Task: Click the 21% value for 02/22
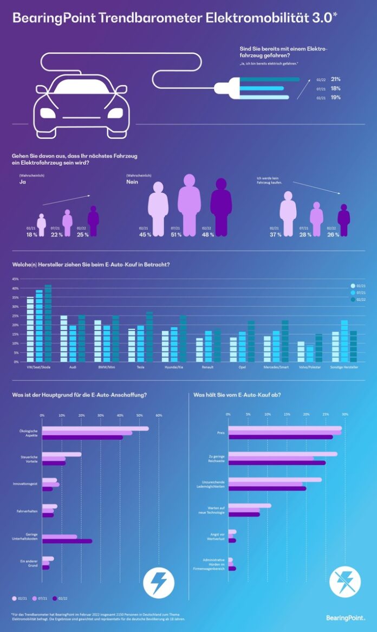(x=335, y=79)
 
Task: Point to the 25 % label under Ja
(x=82, y=234)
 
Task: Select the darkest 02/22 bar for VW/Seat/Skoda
(x=48, y=323)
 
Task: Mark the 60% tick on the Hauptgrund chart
(x=159, y=416)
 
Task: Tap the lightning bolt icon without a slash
(x=159, y=582)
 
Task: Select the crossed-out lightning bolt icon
(x=345, y=582)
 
